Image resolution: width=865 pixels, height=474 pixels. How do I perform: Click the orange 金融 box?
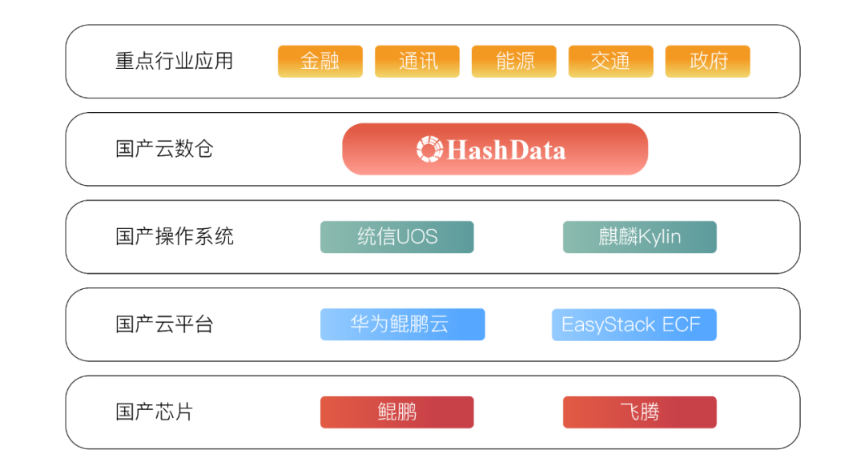click(320, 61)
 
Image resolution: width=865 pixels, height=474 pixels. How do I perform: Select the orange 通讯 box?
click(417, 61)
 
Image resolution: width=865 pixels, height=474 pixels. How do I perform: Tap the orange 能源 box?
click(514, 61)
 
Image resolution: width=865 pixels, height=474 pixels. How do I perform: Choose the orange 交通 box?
click(610, 61)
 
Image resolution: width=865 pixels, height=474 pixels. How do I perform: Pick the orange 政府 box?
click(708, 61)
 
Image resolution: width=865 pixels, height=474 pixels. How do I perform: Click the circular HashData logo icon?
click(430, 149)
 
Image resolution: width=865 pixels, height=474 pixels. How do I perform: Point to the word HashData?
click(506, 150)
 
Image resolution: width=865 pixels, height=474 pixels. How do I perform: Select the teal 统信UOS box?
click(397, 237)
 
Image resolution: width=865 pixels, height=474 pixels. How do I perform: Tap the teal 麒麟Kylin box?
click(640, 237)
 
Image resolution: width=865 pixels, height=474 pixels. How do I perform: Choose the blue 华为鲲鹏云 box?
click(403, 324)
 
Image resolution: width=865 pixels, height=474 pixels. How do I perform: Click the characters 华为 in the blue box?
click(369, 324)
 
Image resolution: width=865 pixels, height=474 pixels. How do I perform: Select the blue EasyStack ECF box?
click(634, 324)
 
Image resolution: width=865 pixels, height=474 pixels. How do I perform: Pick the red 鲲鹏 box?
click(397, 412)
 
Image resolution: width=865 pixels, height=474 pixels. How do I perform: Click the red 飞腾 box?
click(640, 412)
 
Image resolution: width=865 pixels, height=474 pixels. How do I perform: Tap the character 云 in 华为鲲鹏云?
click(438, 324)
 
